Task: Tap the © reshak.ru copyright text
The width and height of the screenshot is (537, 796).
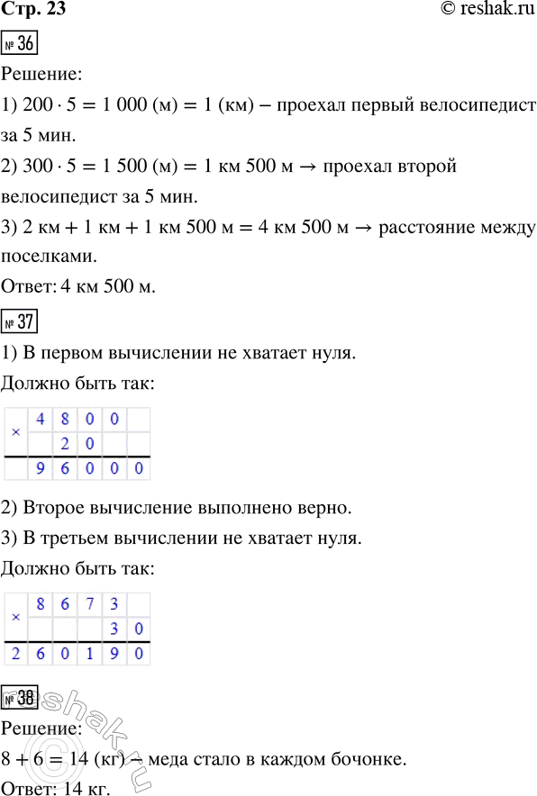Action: (482, 11)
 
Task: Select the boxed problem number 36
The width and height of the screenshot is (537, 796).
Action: (20, 43)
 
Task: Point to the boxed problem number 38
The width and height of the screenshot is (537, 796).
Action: (21, 695)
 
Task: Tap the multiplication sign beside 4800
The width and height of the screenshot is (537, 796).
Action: (15, 431)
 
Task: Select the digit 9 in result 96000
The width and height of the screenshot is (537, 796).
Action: (39, 468)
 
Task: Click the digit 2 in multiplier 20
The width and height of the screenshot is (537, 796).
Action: (64, 445)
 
